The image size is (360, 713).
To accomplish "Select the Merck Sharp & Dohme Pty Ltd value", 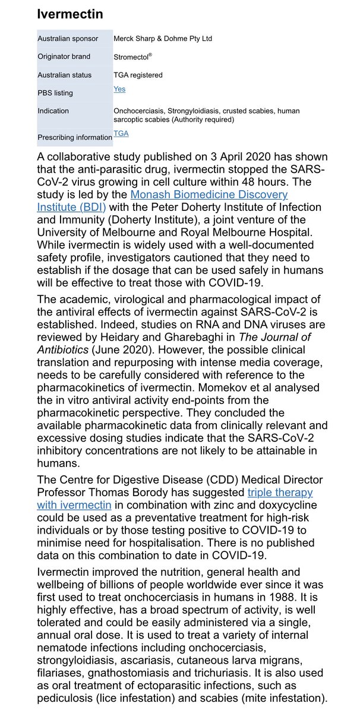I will click(162, 39).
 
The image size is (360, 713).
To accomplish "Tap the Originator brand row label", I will click(64, 57).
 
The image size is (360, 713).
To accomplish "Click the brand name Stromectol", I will click(135, 57).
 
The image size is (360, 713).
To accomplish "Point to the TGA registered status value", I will click(138, 75).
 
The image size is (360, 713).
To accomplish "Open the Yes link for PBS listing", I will click(119, 89).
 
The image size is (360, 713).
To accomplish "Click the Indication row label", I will click(53, 111).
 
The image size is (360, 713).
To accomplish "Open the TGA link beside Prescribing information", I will click(121, 134).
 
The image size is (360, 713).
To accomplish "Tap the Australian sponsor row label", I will click(66, 39).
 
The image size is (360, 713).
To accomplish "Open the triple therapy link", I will click(280, 493).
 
